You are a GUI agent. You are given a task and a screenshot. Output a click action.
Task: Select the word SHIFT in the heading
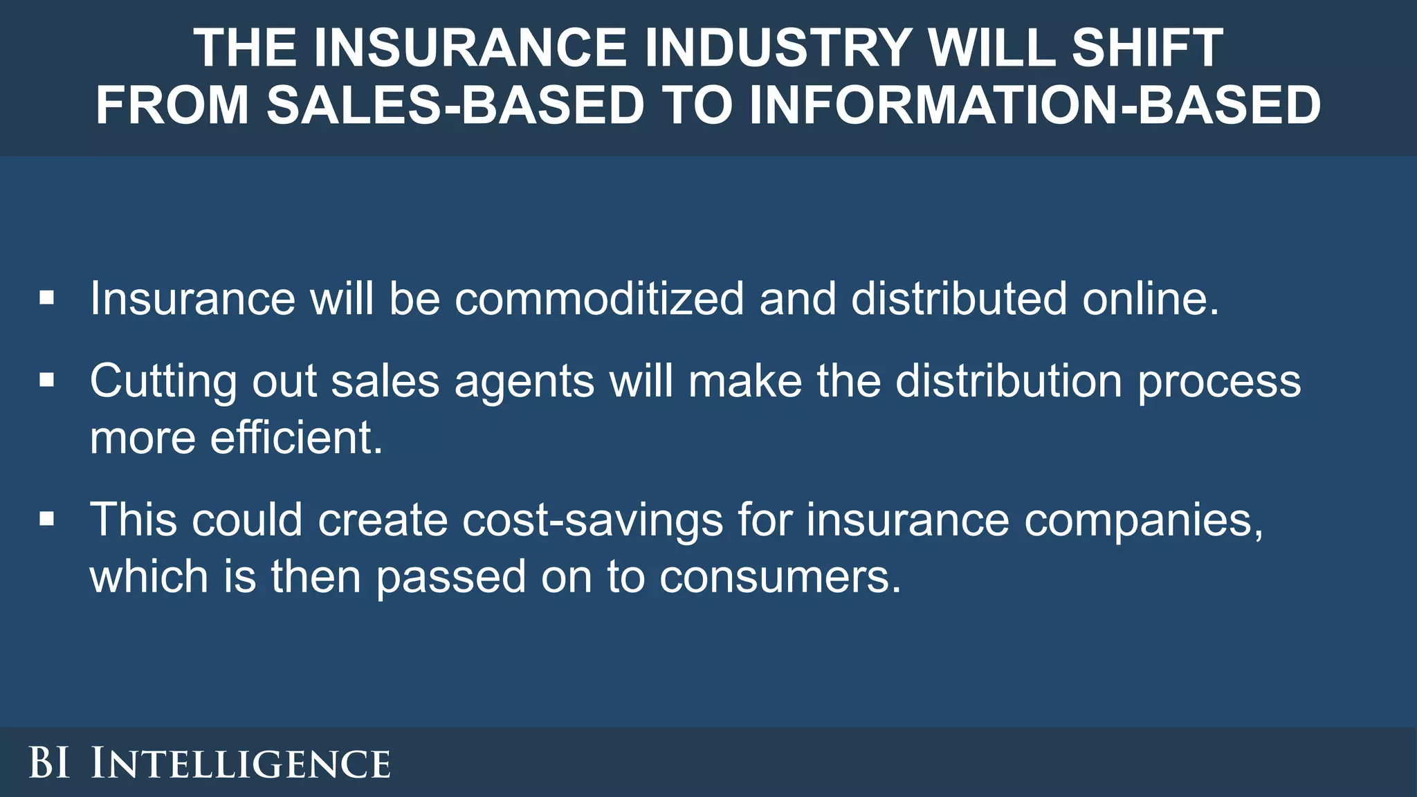(1148, 48)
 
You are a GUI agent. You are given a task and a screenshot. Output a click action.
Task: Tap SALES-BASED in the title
(456, 105)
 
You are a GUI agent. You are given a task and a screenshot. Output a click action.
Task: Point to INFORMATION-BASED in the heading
(1035, 105)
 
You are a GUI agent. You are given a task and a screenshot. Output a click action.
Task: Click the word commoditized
(599, 299)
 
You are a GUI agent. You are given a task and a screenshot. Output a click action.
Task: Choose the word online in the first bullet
(1150, 299)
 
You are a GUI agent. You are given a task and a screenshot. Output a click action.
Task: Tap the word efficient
(296, 438)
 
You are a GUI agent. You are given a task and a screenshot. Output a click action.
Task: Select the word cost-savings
(592, 520)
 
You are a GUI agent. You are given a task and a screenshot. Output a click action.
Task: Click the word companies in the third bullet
(1143, 520)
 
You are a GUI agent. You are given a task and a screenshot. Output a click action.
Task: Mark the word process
(1219, 382)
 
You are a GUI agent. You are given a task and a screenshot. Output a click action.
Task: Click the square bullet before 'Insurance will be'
(47, 298)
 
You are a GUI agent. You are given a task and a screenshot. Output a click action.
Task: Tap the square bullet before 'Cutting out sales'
(47, 380)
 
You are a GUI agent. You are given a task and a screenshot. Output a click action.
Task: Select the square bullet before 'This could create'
(47, 518)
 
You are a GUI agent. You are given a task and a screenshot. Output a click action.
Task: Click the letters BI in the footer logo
(49, 763)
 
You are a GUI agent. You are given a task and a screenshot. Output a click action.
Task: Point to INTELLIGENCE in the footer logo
(241, 764)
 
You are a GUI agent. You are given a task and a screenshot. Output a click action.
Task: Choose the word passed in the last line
(450, 577)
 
